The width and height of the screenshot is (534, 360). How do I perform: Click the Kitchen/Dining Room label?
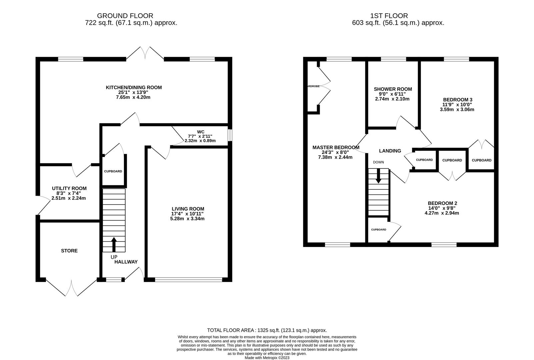click(x=134, y=87)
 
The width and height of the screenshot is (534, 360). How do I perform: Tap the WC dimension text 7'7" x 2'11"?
click(x=200, y=136)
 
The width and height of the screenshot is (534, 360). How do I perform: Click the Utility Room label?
click(x=69, y=188)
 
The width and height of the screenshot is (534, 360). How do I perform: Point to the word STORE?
click(x=69, y=251)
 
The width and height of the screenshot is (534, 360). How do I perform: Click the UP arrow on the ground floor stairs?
click(x=114, y=244)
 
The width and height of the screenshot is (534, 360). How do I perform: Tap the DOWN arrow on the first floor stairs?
click(x=378, y=176)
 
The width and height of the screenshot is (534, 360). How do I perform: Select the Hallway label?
click(x=126, y=262)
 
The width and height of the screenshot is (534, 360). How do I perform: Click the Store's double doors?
click(x=71, y=287)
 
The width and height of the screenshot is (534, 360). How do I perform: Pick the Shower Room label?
click(x=393, y=89)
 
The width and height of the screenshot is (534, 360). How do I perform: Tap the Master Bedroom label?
click(x=336, y=147)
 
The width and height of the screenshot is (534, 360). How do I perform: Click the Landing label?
click(x=390, y=151)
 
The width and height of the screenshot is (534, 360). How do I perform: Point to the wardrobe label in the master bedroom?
click(x=313, y=86)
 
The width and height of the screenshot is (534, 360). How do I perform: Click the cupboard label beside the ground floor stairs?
click(x=113, y=171)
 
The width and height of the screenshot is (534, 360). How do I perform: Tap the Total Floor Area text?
click(x=267, y=330)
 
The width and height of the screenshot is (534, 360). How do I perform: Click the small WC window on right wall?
click(x=230, y=135)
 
